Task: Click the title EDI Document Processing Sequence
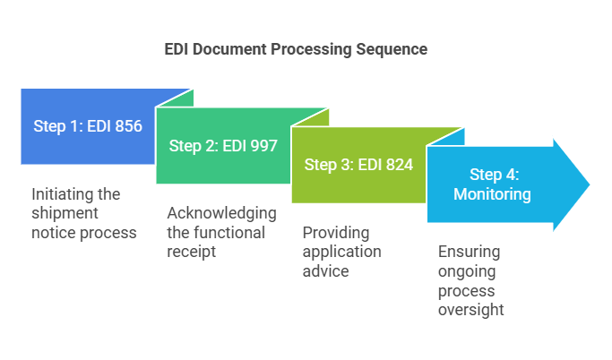pos(296,49)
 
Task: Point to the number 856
pos(128,126)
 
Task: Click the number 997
pos(263,145)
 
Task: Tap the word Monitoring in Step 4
pos(492,193)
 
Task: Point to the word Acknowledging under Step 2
pos(221,213)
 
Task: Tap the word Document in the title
pos(228,49)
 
